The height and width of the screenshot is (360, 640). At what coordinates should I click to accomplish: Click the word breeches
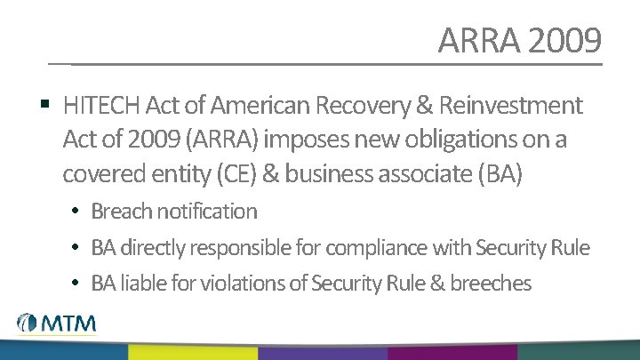(490, 284)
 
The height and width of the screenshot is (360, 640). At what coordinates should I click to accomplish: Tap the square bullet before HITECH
(44, 105)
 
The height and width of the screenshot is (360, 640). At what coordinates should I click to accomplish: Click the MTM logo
(56, 324)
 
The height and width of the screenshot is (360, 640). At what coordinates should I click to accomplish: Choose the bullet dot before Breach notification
(77, 212)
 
